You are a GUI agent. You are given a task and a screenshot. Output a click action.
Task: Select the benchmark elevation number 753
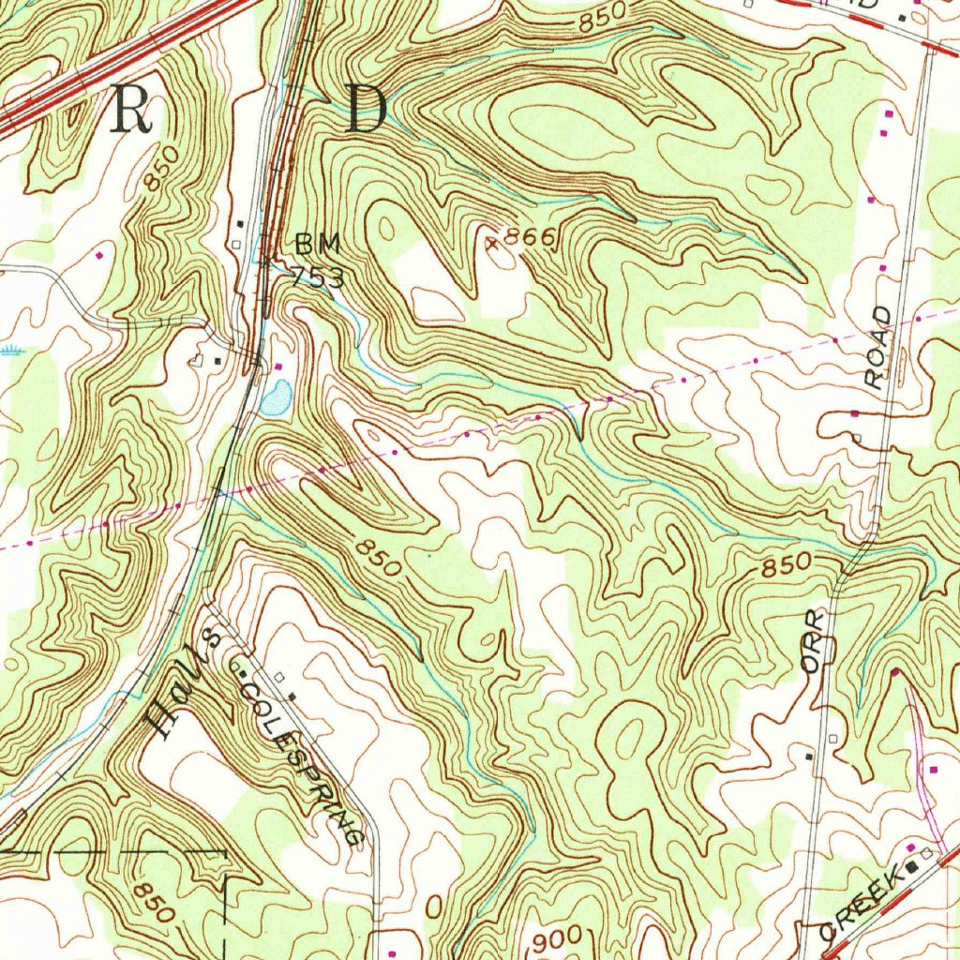(316, 277)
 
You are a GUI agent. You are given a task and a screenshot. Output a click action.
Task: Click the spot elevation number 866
(531, 237)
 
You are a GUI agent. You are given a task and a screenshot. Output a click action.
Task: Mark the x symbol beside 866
(490, 244)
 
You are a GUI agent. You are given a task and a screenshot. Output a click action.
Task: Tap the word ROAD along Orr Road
(878, 347)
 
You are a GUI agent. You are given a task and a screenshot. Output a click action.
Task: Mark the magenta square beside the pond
(277, 365)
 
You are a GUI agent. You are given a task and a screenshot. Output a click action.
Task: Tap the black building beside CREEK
(911, 868)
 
